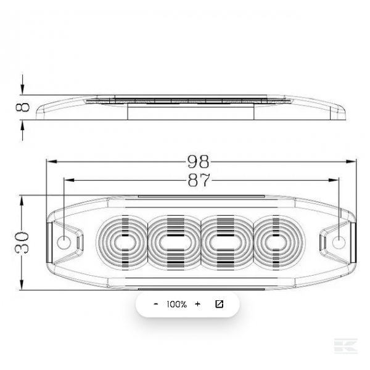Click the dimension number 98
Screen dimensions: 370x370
tap(198, 162)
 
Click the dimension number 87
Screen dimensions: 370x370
tap(199, 180)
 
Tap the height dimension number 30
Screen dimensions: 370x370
tap(22, 242)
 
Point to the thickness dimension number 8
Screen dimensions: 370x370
tap(23, 107)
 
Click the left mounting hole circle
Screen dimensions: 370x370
tap(64, 242)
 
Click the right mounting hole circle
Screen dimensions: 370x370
tap(339, 242)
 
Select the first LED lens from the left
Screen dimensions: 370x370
tap(122, 242)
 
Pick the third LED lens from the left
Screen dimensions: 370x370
tap(226, 242)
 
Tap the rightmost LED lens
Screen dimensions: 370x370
tap(279, 242)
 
